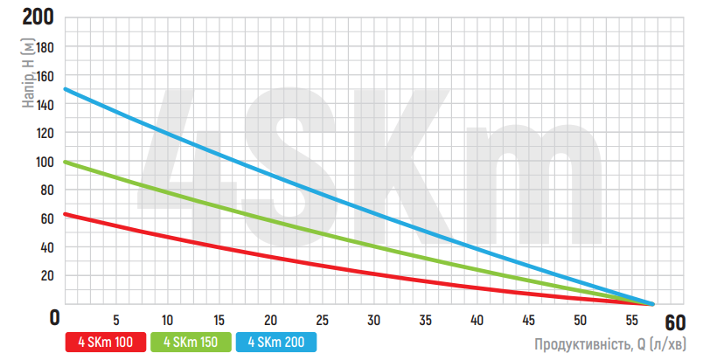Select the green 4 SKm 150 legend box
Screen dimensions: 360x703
[191, 342]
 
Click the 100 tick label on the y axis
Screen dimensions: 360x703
[43, 162]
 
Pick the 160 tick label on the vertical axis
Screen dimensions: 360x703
[43, 76]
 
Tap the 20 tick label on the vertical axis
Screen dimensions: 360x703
[46, 276]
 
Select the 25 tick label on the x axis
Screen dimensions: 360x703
[323, 319]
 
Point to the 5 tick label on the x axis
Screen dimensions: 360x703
[116, 319]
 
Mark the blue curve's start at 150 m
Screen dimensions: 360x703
[65, 89]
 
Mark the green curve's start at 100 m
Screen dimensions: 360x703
[65, 162]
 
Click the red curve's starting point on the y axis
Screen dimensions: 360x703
[65, 214]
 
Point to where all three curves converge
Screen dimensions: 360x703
[651, 303]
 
